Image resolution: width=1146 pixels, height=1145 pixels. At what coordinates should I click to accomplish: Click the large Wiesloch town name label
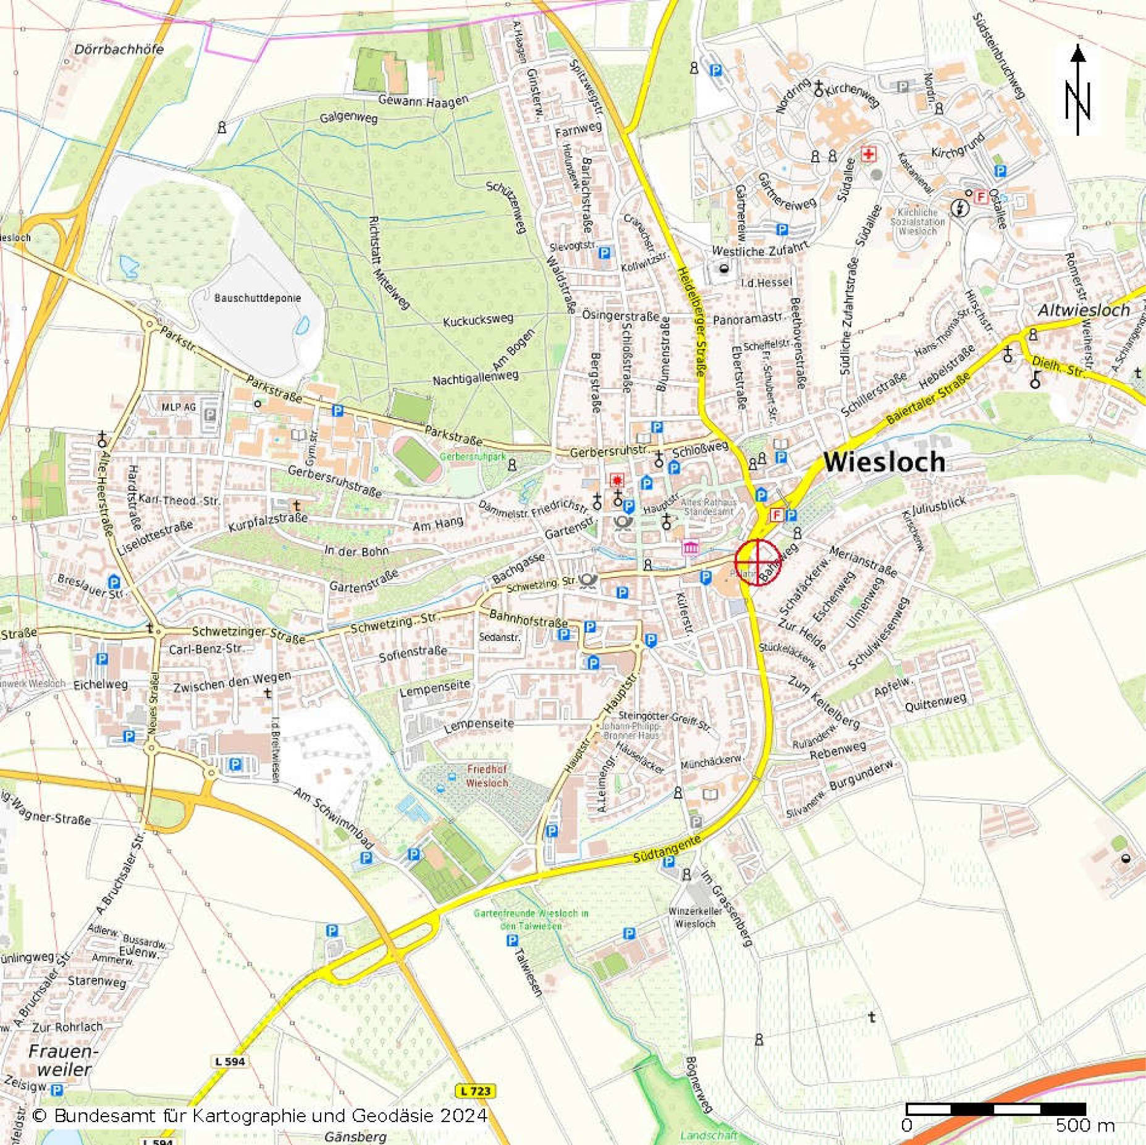883,462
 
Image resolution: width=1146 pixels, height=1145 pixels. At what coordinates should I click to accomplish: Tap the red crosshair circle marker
757,561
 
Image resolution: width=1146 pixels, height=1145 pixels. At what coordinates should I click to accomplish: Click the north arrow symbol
1078,90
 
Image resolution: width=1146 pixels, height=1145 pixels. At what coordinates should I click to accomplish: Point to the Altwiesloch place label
1084,310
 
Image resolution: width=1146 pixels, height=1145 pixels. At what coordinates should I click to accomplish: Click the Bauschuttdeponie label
258,298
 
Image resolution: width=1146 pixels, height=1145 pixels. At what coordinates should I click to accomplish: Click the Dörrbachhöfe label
119,49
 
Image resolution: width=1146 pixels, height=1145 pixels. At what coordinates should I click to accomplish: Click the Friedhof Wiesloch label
487,776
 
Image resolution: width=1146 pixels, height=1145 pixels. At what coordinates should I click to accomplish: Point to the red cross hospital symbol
869,154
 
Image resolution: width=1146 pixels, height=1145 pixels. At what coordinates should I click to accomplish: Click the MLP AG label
179,407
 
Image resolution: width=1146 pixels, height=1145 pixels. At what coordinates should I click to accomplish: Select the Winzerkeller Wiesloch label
695,917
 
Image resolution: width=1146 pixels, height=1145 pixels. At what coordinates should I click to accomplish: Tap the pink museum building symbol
690,547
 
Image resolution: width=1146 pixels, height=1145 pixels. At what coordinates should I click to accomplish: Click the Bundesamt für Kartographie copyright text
259,1115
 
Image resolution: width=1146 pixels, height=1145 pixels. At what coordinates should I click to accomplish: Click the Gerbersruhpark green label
473,456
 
